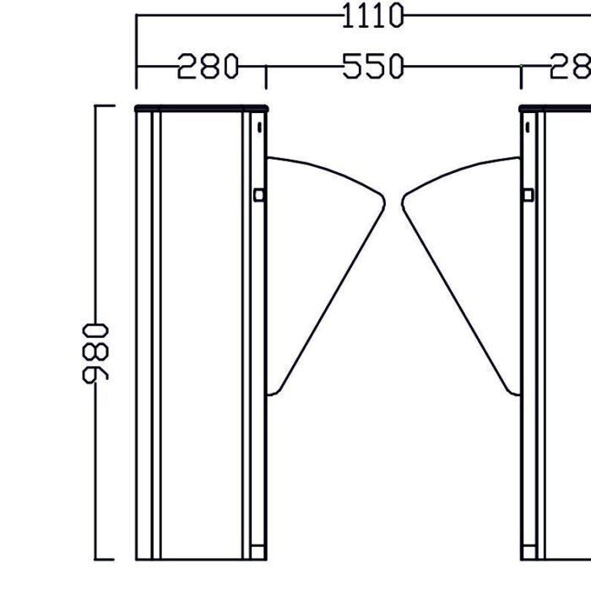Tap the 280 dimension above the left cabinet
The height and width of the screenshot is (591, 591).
pos(208,66)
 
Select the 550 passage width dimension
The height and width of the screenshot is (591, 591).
pos(373,66)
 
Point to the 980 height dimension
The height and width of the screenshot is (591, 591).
pos(95,352)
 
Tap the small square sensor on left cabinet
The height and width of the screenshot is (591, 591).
pos(259,195)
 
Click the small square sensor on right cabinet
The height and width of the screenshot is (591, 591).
pos(528,195)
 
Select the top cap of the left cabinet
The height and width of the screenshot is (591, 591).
pos(201,107)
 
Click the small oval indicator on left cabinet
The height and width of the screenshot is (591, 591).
pos(258,128)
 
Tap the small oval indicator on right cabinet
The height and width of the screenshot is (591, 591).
pos(527,128)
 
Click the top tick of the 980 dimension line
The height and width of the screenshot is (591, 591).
pos(104,106)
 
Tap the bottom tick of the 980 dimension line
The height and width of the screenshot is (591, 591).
pos(104,559)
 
